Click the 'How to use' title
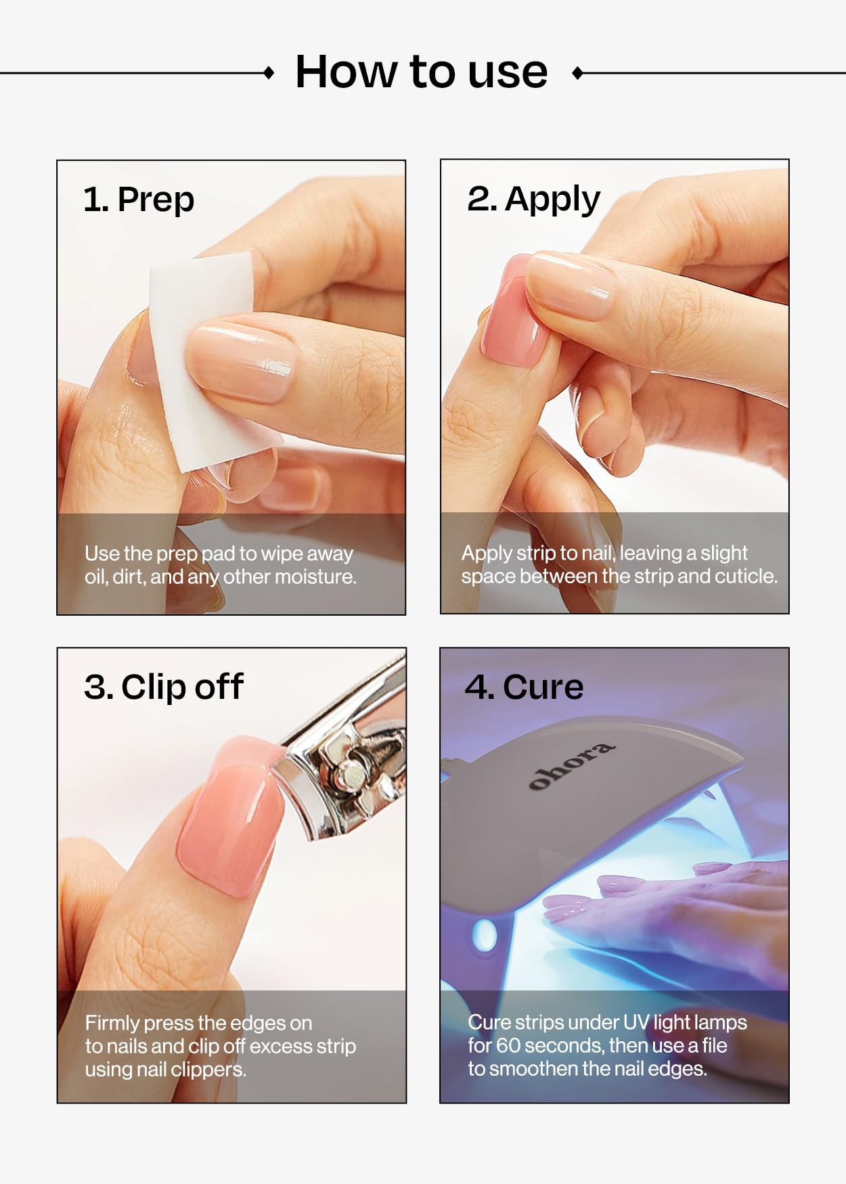point(421,72)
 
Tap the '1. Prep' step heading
point(139,200)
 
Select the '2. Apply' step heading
point(533,200)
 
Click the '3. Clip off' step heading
point(163,687)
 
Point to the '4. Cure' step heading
point(524,687)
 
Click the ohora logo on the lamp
point(571,766)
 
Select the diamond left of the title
point(269,72)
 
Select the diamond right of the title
point(577,72)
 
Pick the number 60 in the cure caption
point(508,1046)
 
